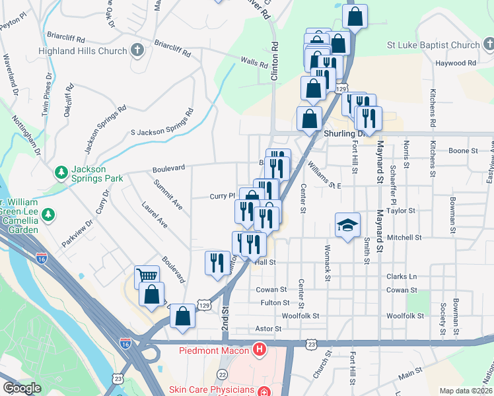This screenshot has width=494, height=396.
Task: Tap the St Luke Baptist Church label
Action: [x=434, y=46]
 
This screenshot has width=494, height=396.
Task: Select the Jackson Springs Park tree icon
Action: [x=61, y=172]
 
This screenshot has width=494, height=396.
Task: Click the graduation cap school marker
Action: [x=348, y=224]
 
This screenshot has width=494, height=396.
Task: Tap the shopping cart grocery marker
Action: [x=147, y=277]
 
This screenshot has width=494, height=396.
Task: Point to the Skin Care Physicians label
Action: [x=211, y=389]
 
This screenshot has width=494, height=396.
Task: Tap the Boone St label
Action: [x=463, y=151]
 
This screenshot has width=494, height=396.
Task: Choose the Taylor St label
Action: [x=401, y=211]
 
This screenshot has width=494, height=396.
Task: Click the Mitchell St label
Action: [x=404, y=237]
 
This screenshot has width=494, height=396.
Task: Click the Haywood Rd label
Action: [x=456, y=63]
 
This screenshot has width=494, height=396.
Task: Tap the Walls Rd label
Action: [x=254, y=63]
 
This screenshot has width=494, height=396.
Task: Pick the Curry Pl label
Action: [x=223, y=196]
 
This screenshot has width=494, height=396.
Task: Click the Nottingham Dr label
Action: [x=25, y=137]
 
